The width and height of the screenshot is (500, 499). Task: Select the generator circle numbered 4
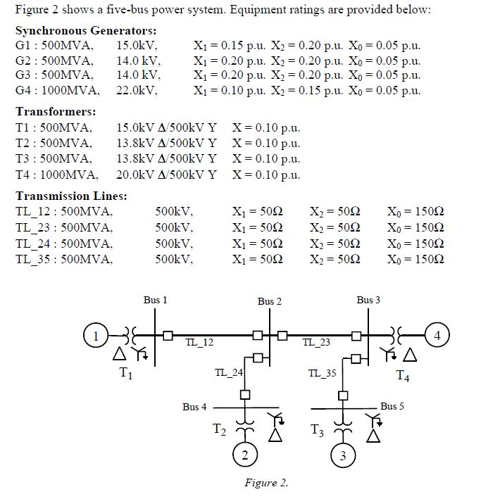tap(437, 335)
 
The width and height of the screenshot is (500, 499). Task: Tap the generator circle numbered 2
tap(244, 456)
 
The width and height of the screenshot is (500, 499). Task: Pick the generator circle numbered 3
tap(342, 456)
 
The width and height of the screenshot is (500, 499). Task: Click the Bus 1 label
tap(155, 300)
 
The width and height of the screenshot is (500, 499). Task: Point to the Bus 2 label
tap(269, 301)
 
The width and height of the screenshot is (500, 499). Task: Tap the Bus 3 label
tap(368, 300)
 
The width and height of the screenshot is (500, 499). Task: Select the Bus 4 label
tap(195, 407)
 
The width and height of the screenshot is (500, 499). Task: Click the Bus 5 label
tap(392, 406)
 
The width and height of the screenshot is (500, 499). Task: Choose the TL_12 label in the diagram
tap(199, 343)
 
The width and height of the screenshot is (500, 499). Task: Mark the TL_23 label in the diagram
tap(316, 343)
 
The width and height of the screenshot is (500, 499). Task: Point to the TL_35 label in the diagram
tap(323, 372)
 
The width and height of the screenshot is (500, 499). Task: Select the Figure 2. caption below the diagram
tap(266, 483)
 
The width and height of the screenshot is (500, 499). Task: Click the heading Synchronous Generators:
tap(86, 31)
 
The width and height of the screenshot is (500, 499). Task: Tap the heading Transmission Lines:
tap(71, 196)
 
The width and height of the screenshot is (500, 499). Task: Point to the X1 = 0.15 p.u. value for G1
tap(229, 46)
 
